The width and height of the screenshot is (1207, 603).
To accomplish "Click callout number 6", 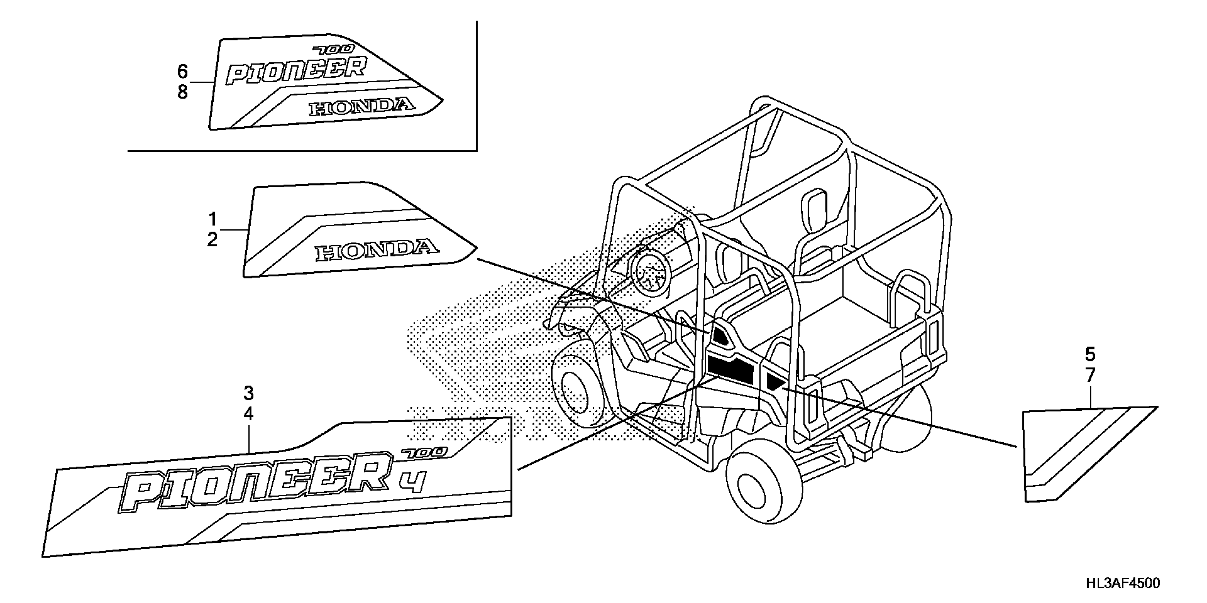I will coord(182,72).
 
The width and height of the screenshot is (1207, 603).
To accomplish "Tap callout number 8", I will coord(182,92).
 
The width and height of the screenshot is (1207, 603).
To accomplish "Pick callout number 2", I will coord(212,240).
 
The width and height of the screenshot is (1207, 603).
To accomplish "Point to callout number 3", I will coord(248,393).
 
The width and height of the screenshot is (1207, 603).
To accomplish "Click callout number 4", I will coord(248,414).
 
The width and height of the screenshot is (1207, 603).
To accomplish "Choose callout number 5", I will coord(1090,354).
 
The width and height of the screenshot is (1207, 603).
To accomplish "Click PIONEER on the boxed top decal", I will coord(295,70).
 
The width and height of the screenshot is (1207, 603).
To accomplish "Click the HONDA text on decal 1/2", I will coord(377,250).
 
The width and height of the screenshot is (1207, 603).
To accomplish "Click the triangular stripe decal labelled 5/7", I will coord(1073,449).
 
